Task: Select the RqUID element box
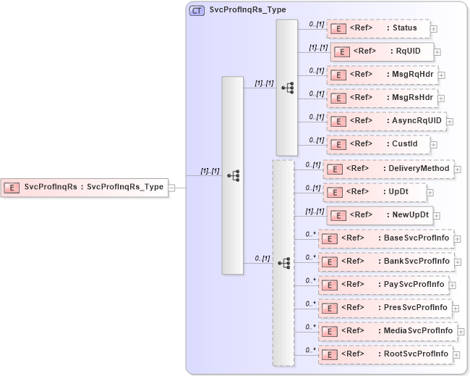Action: tap(382, 52)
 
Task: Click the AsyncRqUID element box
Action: tap(386, 120)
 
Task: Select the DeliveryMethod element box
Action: tap(388, 169)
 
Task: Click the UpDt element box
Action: tap(375, 193)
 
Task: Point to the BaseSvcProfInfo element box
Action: tap(385, 238)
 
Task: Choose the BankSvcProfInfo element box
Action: tap(385, 261)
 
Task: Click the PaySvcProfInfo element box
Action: tap(383, 285)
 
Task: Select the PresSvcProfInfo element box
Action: tap(385, 308)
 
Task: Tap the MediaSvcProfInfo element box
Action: tap(387, 331)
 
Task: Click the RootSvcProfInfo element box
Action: tap(385, 354)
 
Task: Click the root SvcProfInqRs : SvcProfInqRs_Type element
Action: tap(84, 187)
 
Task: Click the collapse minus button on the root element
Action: tap(171, 187)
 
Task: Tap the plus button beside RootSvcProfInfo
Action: tap(457, 355)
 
